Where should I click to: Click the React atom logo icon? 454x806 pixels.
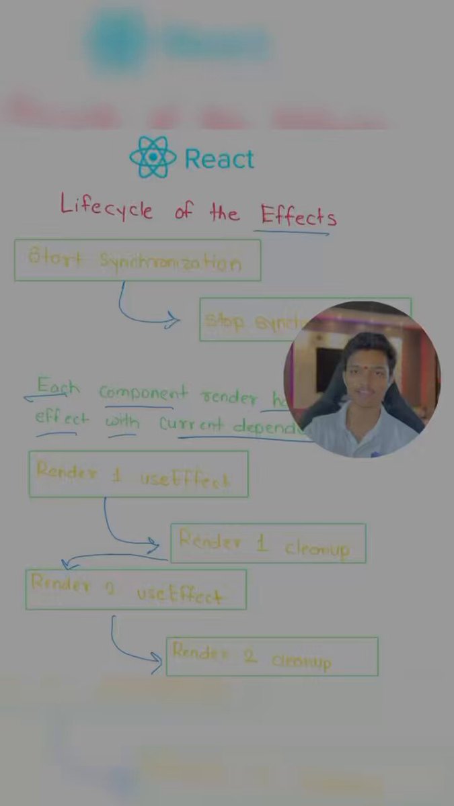pos(153,157)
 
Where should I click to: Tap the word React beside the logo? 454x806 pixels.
pos(219,159)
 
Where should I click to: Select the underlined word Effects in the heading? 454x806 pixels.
pos(298,215)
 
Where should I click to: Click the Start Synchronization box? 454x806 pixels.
pos(137,260)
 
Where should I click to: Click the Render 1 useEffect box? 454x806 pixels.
pos(138,474)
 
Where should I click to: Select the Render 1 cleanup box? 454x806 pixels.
pos(268,543)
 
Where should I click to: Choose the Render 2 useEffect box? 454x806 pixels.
pos(136,590)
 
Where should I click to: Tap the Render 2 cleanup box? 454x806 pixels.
pos(272,656)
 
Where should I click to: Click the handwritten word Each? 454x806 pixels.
pos(57,387)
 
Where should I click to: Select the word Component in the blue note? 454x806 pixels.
pos(144,393)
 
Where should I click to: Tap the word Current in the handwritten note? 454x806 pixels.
pos(192,424)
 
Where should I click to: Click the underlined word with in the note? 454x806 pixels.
pos(122,422)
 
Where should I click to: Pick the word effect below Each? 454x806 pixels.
pos(61,418)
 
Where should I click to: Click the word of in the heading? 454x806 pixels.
pos(183,212)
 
